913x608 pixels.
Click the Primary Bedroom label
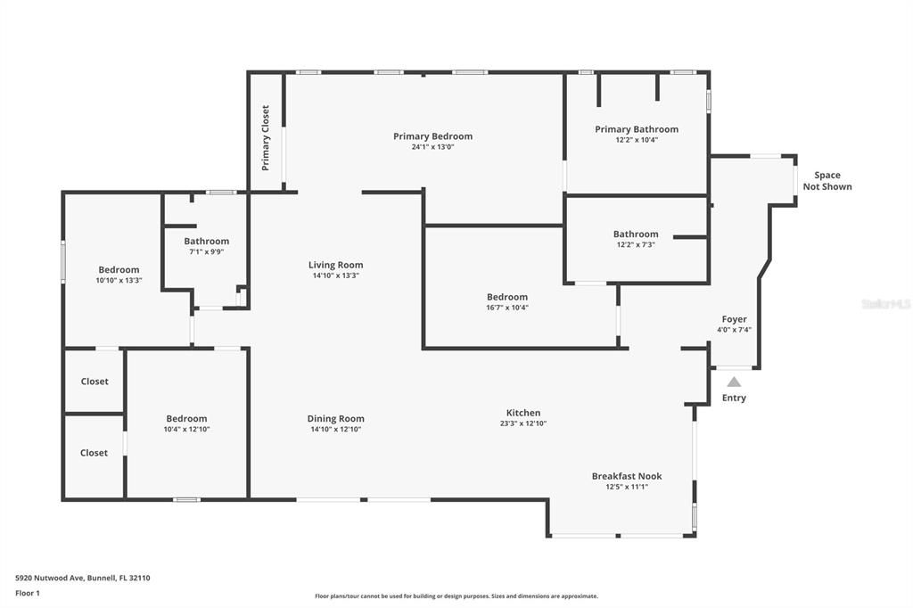pos(432,136)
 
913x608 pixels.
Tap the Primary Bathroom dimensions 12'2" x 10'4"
pos(637,140)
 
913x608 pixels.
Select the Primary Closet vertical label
pos(266,138)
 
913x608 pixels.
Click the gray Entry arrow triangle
pos(733,382)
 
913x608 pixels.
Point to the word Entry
pos(734,398)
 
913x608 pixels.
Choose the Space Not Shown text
pos(827,181)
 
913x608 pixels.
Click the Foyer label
pos(734,319)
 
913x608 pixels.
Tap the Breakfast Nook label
pos(627,476)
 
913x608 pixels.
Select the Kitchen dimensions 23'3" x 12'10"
pos(523,423)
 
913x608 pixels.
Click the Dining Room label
pos(335,419)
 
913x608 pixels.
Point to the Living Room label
pos(335,265)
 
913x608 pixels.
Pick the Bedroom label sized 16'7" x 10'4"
pos(506,297)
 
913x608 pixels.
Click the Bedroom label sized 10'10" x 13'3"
pos(119,270)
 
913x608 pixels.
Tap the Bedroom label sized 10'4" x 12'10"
pos(186,419)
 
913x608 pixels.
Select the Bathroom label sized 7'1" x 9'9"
pos(207,241)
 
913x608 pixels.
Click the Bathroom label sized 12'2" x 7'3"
pos(636,234)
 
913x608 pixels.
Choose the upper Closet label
pos(95,382)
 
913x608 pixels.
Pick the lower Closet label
pos(95,453)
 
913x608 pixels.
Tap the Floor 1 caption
pos(28,593)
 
